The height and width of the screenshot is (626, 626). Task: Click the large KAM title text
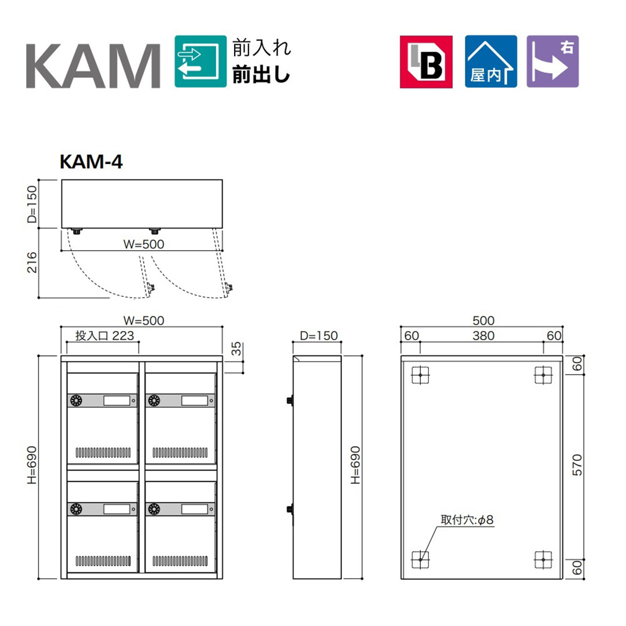coord(93,66)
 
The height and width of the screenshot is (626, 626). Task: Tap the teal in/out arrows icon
coord(201,61)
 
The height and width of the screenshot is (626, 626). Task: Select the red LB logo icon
coord(426,61)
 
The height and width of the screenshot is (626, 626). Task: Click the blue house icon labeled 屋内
coord(491,61)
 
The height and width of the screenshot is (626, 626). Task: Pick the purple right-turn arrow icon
coord(552,61)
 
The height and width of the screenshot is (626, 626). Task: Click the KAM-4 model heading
coord(91,162)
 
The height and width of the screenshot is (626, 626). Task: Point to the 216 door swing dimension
coord(32,263)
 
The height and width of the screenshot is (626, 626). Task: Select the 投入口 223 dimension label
coord(104,336)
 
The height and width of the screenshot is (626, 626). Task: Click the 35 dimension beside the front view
coord(236,348)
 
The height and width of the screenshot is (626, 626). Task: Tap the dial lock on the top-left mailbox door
coord(76,400)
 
